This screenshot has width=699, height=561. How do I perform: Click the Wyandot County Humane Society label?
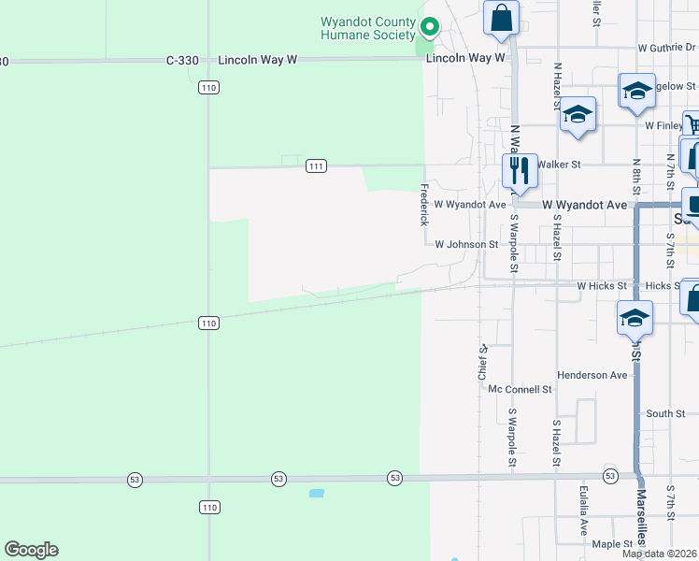pyautogui.click(x=367, y=28)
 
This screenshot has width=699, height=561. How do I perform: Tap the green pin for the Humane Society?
pyautogui.click(x=429, y=27)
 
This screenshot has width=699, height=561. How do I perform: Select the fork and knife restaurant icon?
pyautogui.click(x=519, y=170)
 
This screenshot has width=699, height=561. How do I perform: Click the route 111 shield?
pyautogui.click(x=316, y=166)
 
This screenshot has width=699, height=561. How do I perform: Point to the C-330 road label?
pyautogui.click(x=182, y=60)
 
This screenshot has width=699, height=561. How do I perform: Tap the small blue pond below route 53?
pyautogui.click(x=316, y=493)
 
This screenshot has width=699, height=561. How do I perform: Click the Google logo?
pyautogui.click(x=31, y=550)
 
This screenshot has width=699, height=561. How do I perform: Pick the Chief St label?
pyautogui.click(x=483, y=361)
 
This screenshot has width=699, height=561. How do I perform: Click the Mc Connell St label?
pyautogui.click(x=521, y=388)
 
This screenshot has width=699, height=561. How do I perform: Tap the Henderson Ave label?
pyautogui.click(x=592, y=375)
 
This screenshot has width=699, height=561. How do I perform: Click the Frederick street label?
pyautogui.click(x=424, y=204)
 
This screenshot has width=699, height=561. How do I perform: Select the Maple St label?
pyautogui.click(x=612, y=544)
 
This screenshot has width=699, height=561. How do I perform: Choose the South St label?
pyautogui.click(x=665, y=413)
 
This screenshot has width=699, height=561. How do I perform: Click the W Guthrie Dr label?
pyautogui.click(x=668, y=47)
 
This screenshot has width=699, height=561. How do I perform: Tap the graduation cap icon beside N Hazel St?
pyautogui.click(x=578, y=115)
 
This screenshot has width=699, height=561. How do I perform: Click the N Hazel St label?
pyautogui.click(x=557, y=87)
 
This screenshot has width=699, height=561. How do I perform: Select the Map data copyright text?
pyautogui.click(x=660, y=554)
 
